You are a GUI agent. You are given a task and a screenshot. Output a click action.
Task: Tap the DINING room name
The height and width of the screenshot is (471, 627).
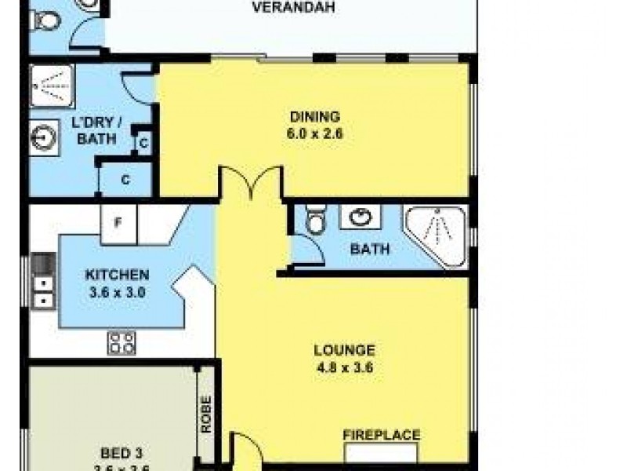[x=313, y=118]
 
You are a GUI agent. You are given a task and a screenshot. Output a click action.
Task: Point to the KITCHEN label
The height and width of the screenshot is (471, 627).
[x=117, y=275]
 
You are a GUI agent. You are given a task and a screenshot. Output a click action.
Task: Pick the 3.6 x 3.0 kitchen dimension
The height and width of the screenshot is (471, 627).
[x=117, y=290]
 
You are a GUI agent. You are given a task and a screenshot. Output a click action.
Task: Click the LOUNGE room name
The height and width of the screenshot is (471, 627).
[x=344, y=350]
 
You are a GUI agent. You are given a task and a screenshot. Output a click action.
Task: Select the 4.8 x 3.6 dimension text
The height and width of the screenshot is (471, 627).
[x=344, y=366]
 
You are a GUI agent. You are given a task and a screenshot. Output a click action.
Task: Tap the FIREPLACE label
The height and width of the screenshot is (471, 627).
[x=382, y=435]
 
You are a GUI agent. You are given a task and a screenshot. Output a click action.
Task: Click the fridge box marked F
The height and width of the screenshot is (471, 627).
[x=118, y=223]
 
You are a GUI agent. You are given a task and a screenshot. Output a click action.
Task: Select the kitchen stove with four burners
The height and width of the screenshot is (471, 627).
[x=121, y=341]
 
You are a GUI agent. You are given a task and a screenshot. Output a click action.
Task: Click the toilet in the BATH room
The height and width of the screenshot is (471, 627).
[x=314, y=221]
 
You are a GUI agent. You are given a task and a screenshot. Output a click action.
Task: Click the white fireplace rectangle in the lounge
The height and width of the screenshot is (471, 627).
[x=382, y=454]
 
